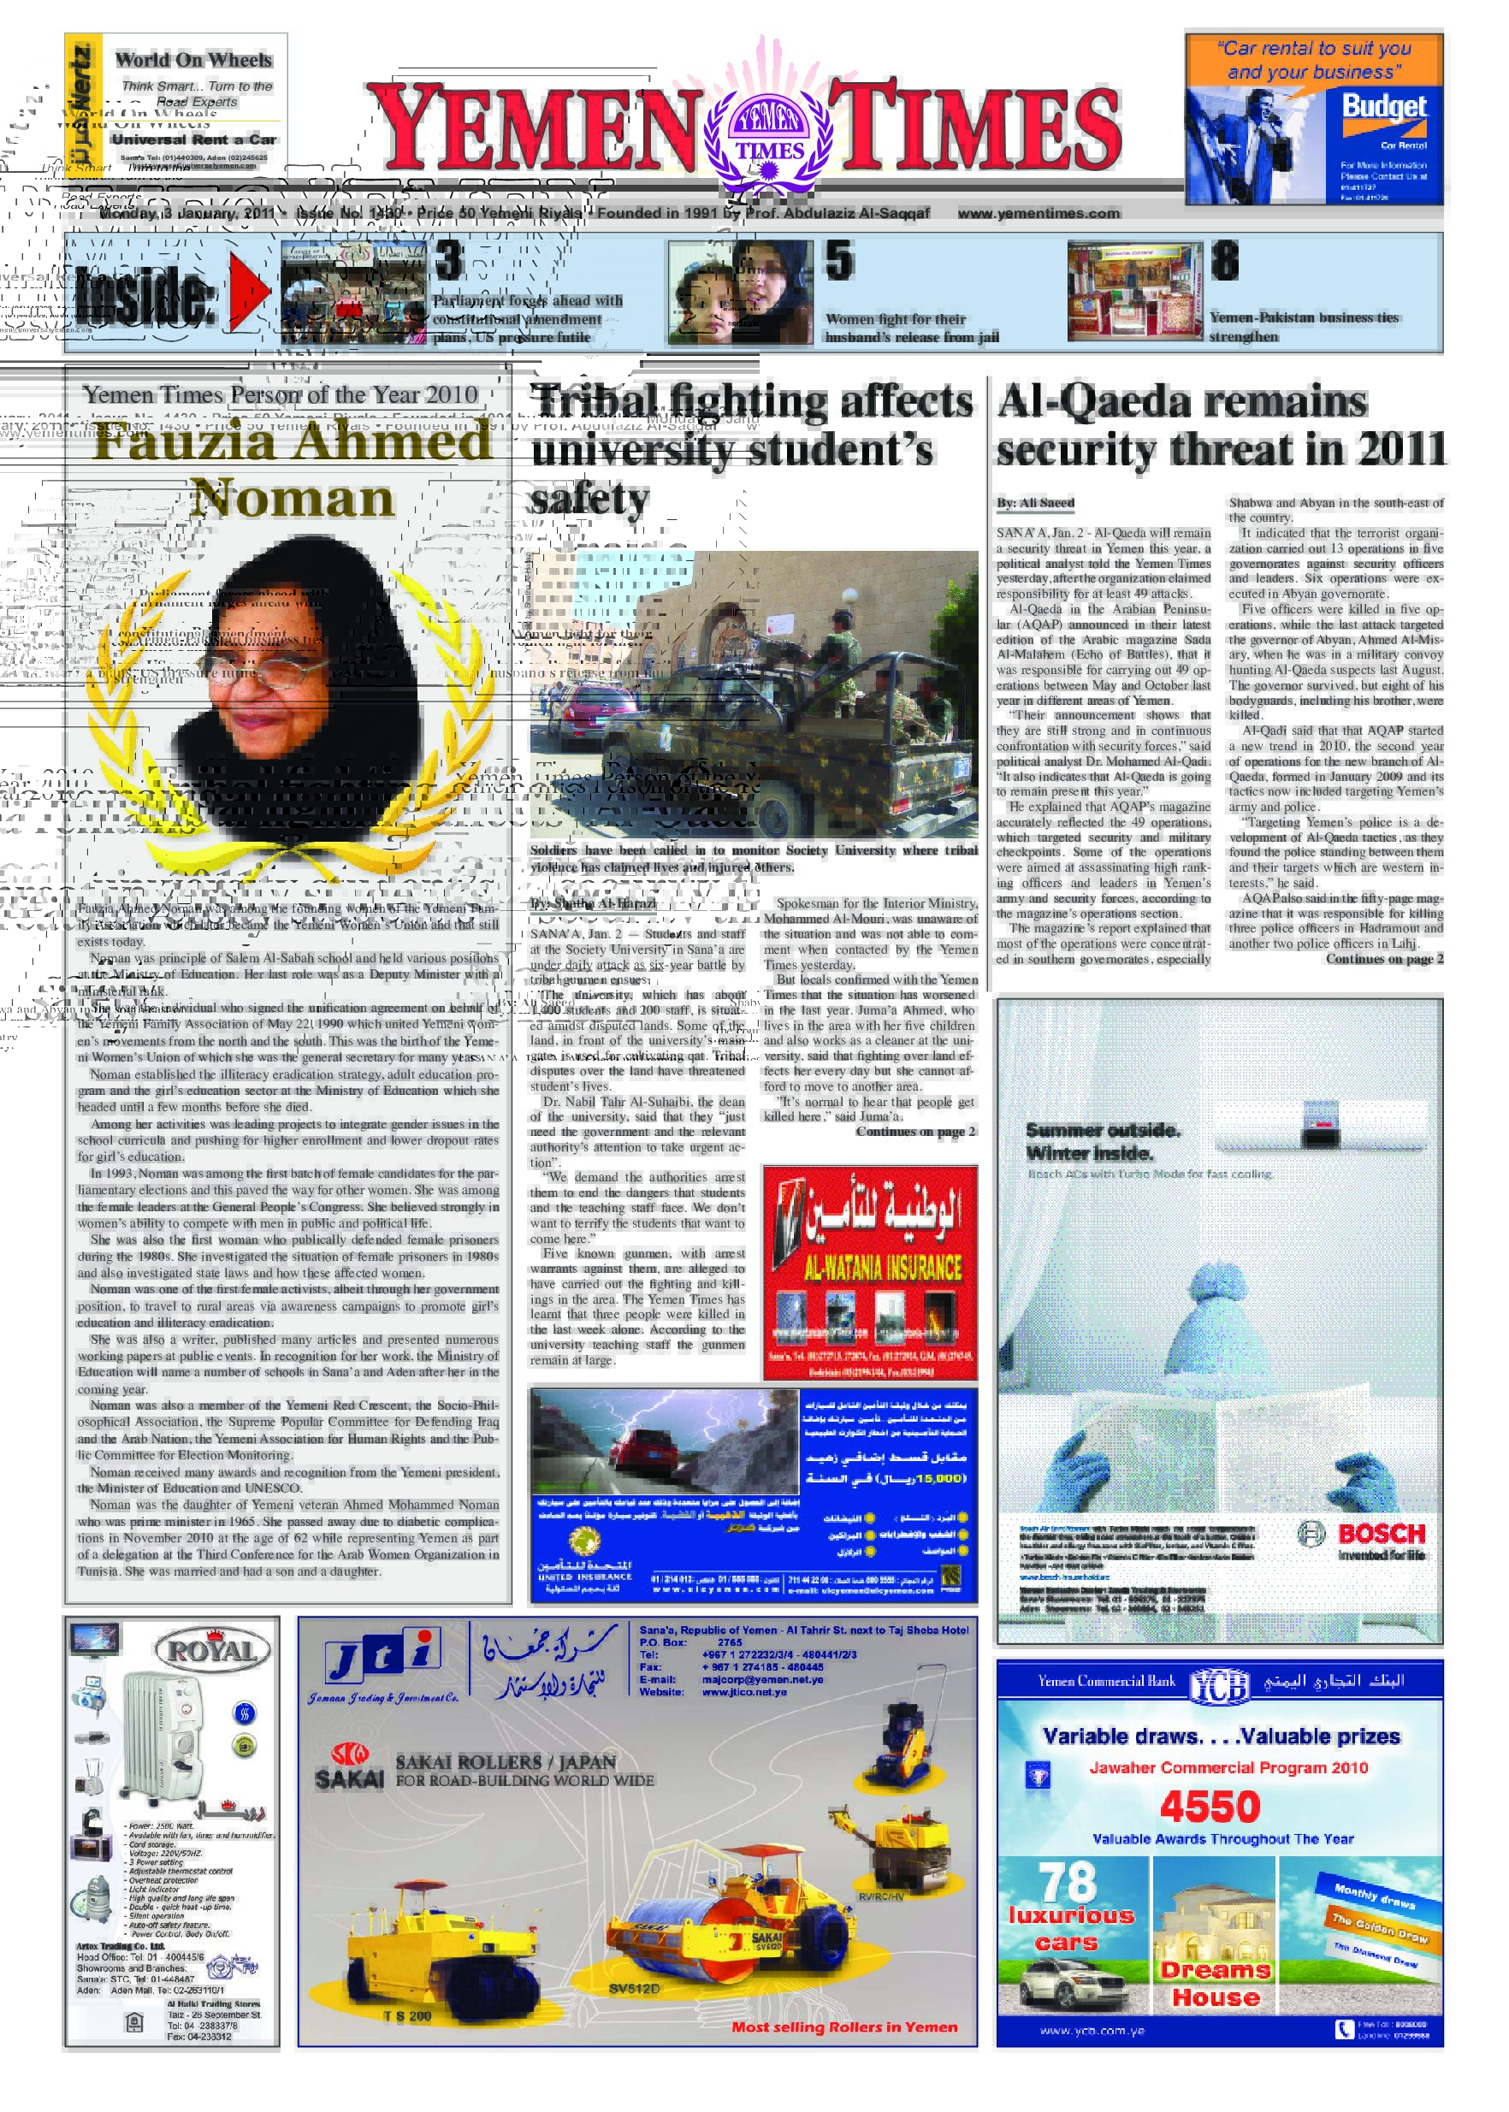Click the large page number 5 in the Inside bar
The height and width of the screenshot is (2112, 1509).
click(x=839, y=261)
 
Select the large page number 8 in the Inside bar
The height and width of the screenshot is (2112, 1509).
click(x=1224, y=261)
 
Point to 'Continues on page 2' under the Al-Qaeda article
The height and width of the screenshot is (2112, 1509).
click(x=1383, y=959)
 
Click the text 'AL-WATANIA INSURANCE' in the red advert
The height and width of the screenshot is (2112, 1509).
click(x=870, y=1268)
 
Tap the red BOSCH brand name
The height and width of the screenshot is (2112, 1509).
click(x=1380, y=1533)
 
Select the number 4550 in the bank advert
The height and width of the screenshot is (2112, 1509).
click(x=1209, y=1807)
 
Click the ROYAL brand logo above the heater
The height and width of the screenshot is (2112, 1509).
click(x=212, y=1652)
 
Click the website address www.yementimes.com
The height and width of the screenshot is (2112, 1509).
click(x=1038, y=213)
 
